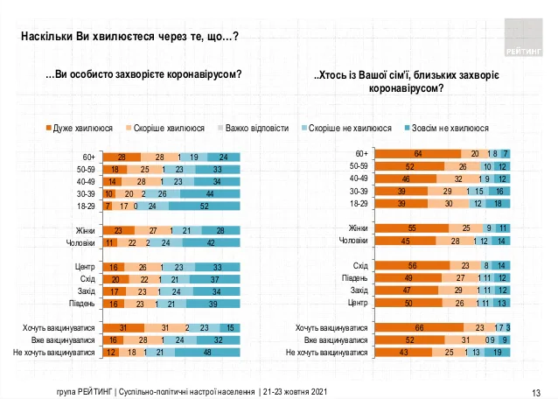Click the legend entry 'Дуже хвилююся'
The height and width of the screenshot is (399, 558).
(81, 128)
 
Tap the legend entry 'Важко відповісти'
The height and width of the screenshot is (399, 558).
(256, 128)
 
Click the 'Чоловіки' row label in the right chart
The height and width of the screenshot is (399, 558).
(353, 240)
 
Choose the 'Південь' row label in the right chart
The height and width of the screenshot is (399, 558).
(354, 277)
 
